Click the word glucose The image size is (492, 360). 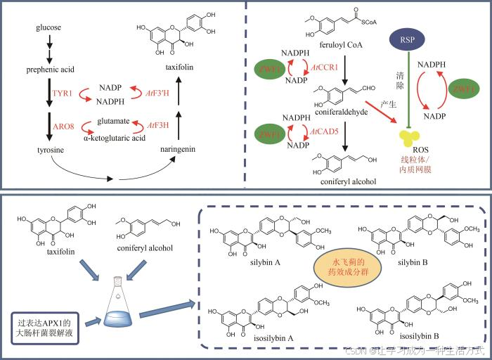click(48, 27)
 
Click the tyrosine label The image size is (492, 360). click(48, 150)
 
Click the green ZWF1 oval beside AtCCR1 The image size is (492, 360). click(270, 70)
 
